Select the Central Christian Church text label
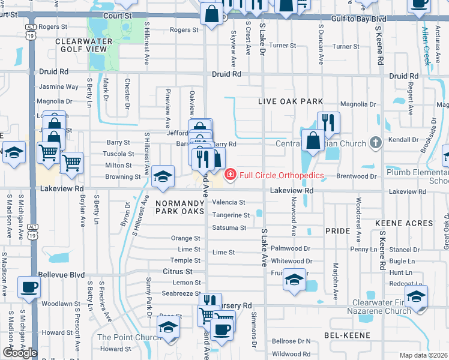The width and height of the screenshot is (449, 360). click(321, 143)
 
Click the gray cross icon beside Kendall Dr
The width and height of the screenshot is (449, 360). click(375, 143)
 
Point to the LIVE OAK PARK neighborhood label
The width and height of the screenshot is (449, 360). click(291, 102)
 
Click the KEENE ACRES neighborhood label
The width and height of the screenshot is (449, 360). click(404, 223)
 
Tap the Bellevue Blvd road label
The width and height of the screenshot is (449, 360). click(61, 274)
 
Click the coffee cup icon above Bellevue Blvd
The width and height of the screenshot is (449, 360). click(28, 287)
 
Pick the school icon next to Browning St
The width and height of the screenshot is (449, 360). click(162, 176)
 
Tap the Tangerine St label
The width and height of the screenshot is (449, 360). click(231, 215)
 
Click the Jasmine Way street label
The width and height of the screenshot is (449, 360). click(55, 86)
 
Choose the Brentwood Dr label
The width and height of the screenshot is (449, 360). click(357, 176)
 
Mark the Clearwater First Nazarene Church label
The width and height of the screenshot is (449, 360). click(380, 306)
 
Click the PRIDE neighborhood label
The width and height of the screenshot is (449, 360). click(337, 230)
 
